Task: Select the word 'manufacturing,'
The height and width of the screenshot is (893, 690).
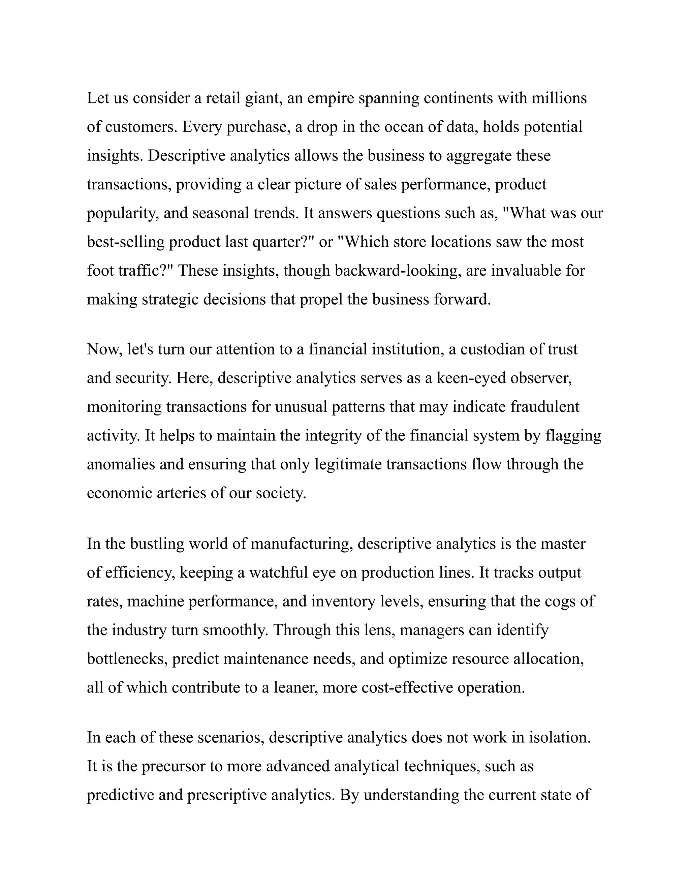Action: [x=301, y=544]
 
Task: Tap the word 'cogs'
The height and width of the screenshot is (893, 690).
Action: [x=560, y=602]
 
